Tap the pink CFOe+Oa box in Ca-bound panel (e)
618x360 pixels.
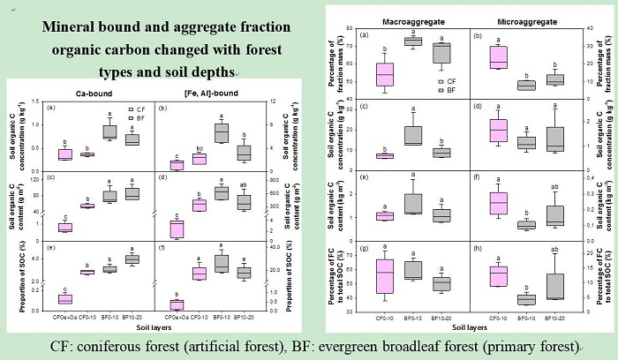[x=64, y=299]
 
